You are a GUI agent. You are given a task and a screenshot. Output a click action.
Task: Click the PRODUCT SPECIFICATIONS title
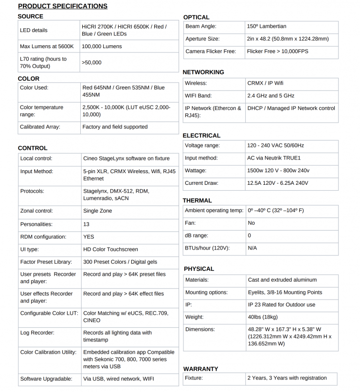63,6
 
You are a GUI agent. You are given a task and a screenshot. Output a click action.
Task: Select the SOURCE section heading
30,17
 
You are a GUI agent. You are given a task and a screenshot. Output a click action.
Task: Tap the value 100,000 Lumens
102,47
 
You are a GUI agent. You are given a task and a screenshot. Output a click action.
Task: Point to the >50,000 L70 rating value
92,63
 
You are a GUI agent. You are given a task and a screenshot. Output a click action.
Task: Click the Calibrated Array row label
40,127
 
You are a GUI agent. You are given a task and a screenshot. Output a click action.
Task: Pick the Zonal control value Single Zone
97,211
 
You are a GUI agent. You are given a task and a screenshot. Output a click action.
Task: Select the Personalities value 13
87,224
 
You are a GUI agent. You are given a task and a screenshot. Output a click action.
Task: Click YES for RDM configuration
89,237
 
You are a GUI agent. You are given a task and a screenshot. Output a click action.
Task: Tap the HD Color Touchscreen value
110,249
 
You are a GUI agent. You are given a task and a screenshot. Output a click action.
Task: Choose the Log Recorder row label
37,333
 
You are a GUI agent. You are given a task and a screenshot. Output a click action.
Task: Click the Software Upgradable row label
46,379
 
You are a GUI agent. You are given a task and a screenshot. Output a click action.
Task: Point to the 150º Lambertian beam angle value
267,26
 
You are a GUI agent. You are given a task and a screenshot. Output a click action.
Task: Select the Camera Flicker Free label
210,52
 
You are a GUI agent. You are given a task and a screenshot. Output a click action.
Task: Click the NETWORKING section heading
203,72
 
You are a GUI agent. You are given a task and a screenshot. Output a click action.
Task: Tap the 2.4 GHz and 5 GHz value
270,96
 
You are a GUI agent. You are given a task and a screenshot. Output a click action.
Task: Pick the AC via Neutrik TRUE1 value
274,158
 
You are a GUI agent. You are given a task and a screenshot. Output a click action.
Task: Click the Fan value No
251,223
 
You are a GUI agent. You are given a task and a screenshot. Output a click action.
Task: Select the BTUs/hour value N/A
252,248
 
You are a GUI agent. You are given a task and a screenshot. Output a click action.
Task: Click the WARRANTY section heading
201,369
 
